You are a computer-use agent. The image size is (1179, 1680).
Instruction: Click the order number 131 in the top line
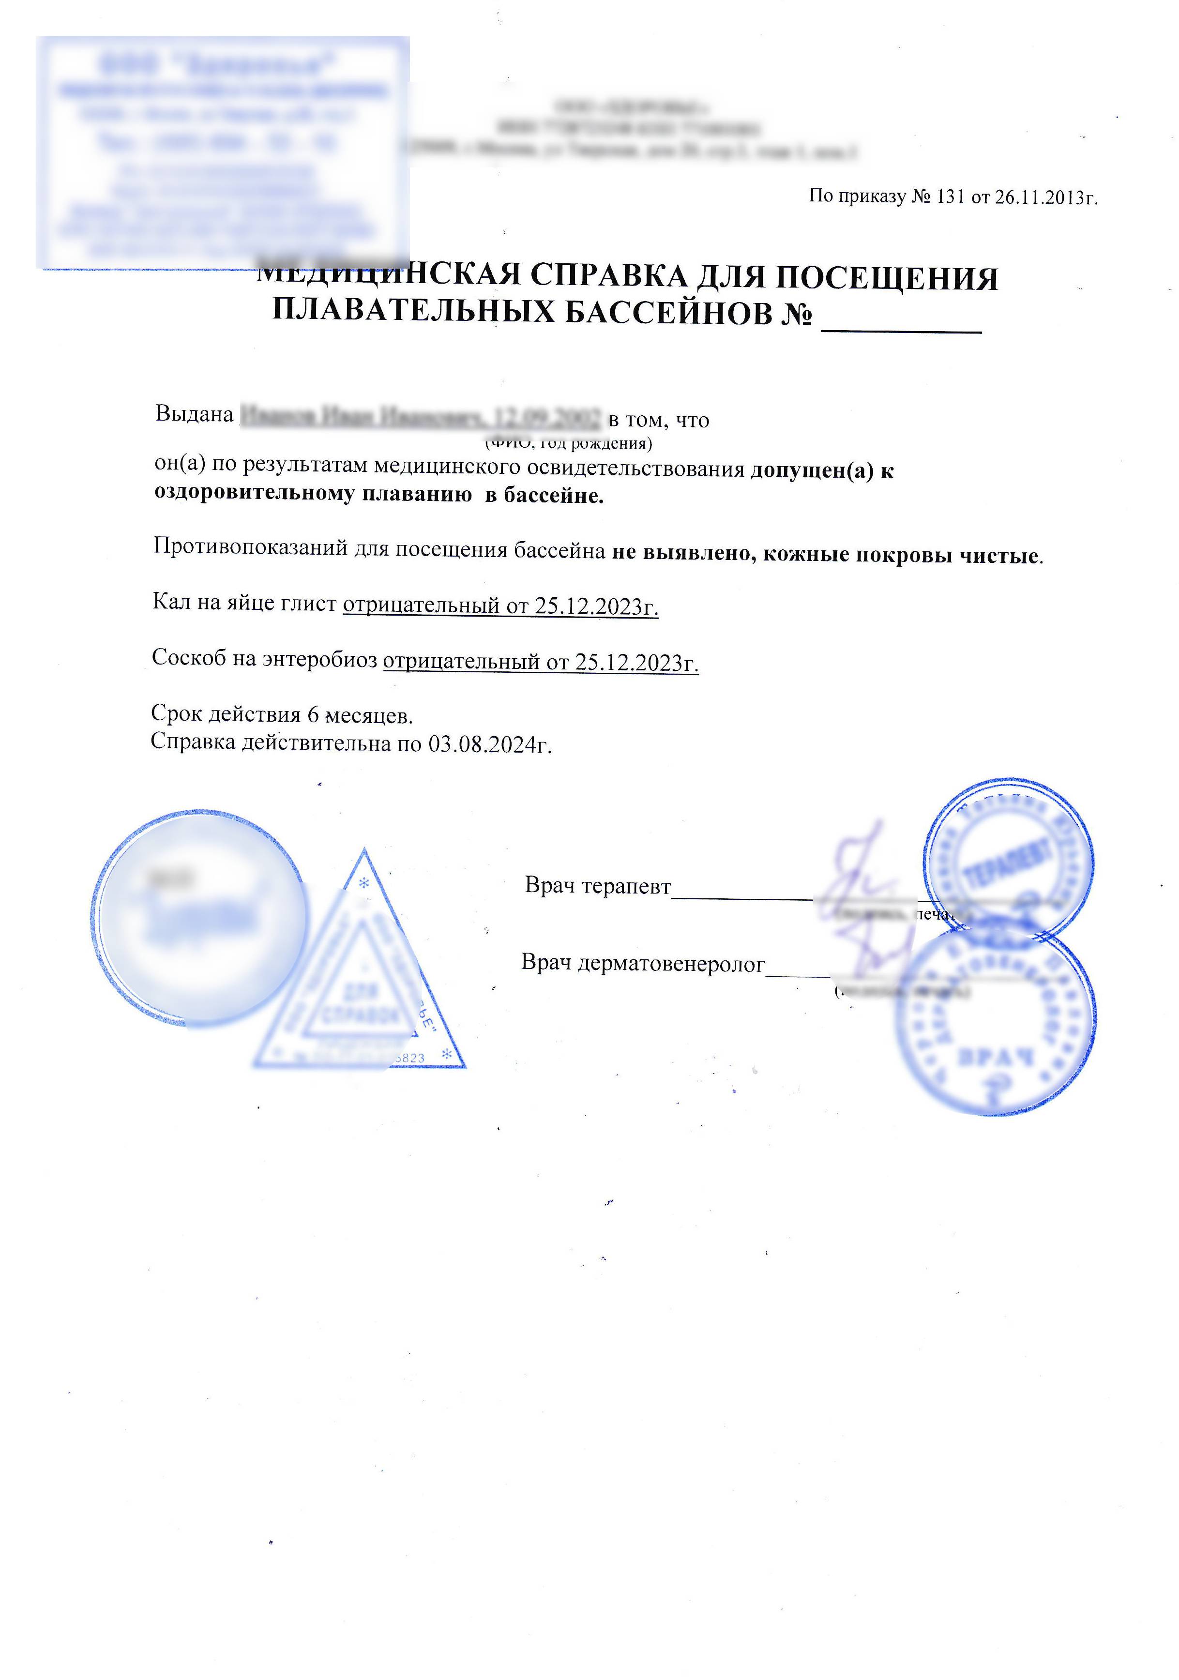(x=950, y=197)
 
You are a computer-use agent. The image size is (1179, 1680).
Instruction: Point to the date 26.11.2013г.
(x=1046, y=197)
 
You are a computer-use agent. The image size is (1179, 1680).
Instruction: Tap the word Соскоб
(x=188, y=658)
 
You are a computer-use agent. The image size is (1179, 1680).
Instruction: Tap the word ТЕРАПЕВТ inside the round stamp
(x=1010, y=863)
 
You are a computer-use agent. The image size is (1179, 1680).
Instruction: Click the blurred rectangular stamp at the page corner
(x=223, y=152)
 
